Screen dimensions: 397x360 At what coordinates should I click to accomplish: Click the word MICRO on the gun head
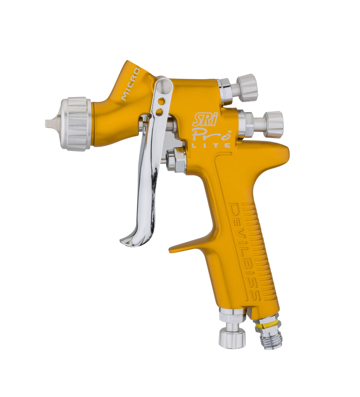coord(131,84)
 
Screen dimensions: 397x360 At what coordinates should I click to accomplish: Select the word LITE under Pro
coord(212,146)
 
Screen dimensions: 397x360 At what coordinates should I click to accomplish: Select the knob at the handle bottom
coord(232,337)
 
